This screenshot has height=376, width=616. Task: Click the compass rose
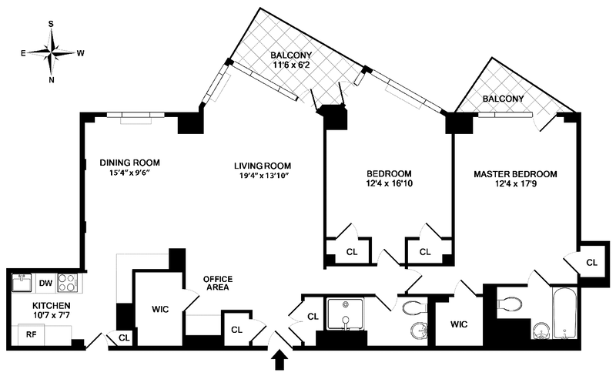click(52, 52)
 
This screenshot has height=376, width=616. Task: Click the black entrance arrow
click(279, 360)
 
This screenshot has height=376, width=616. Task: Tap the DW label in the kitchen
click(45, 283)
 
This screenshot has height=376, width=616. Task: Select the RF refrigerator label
click(31, 334)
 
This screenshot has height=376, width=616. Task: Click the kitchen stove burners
click(68, 283)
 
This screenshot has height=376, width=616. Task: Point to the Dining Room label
click(129, 163)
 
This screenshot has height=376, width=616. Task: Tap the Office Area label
click(218, 283)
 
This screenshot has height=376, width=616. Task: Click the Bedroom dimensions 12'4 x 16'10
click(388, 184)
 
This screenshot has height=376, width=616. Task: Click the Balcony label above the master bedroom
click(503, 99)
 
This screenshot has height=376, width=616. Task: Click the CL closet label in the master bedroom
click(591, 263)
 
